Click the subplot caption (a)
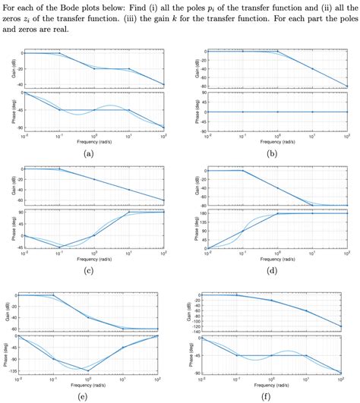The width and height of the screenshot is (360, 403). tap(89, 153)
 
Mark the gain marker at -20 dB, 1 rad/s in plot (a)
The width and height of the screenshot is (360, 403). tap(94, 68)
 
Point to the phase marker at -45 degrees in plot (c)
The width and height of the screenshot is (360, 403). tap(59, 247)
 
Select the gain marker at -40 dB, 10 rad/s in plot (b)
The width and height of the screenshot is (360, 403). tap(312, 69)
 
